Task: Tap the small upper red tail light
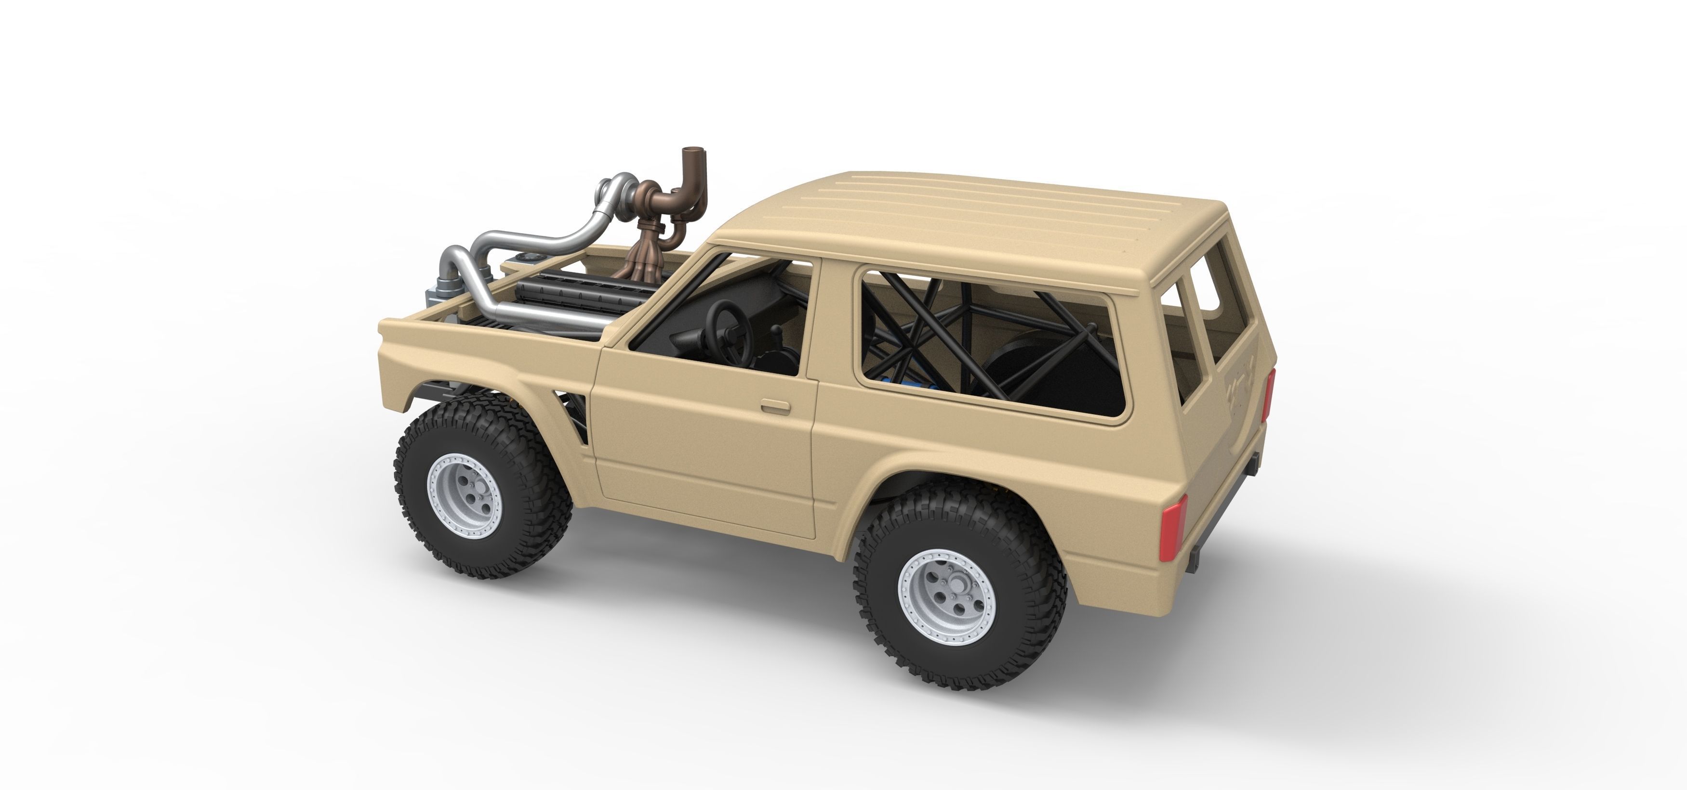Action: point(1270,393)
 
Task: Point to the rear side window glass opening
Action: point(989,340)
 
